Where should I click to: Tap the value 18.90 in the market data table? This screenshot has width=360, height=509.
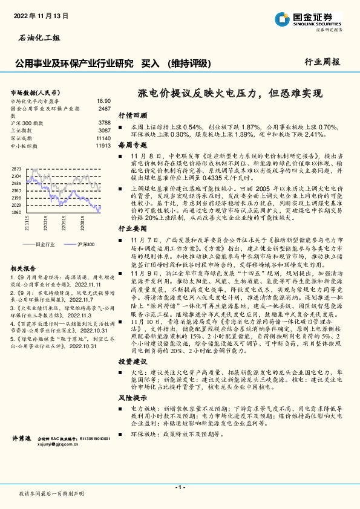(x=103, y=102)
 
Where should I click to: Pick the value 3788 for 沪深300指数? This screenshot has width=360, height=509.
(x=104, y=123)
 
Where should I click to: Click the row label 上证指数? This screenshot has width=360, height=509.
(x=23, y=130)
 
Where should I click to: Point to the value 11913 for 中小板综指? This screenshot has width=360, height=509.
(x=103, y=145)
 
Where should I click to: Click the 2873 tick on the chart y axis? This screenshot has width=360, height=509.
(x=16, y=169)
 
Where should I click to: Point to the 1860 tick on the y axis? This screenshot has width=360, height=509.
(x=16, y=213)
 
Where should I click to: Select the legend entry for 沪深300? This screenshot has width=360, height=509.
(x=85, y=244)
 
